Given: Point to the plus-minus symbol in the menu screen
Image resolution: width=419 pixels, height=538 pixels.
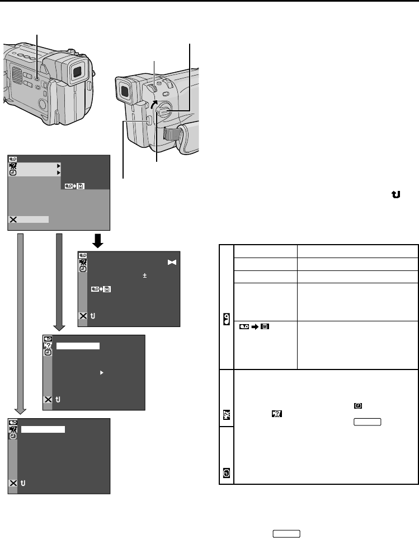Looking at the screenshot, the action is coord(144,275).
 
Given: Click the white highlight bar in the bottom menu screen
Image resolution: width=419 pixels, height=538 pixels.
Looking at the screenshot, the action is coord(44,429).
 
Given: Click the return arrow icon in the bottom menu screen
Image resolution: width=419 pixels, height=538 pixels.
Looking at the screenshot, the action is coord(23,483).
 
